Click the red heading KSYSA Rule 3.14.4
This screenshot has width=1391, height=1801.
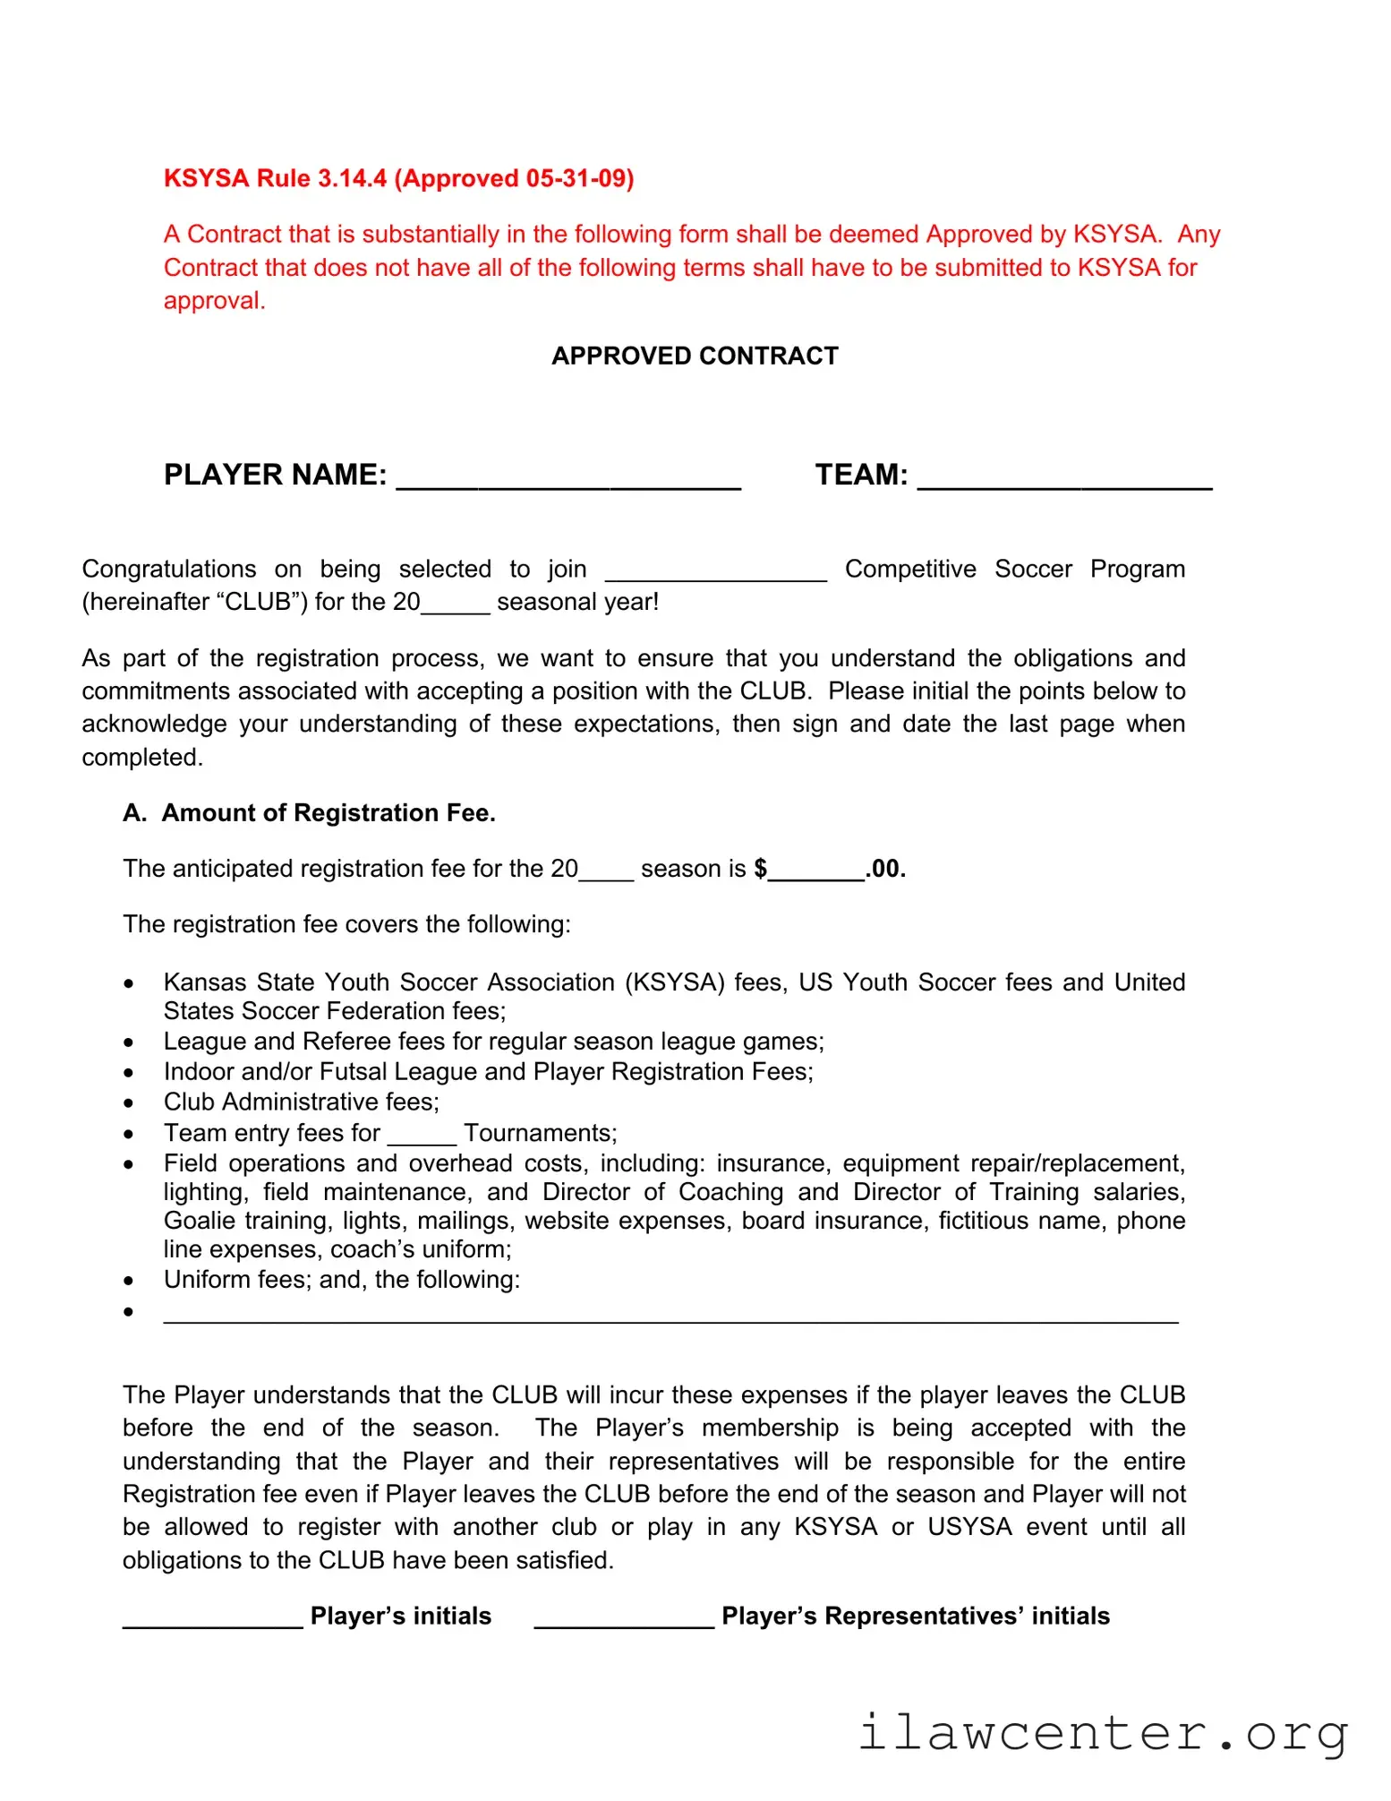[398, 178]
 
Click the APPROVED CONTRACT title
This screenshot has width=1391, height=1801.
[695, 356]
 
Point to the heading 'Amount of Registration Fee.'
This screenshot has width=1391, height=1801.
[328, 812]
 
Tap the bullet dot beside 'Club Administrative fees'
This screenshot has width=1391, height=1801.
[129, 1103]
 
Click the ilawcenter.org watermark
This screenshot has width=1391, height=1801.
[1103, 1733]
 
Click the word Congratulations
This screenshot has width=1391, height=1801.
[169, 569]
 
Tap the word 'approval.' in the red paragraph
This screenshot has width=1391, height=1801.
[214, 300]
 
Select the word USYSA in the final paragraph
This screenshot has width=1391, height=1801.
[969, 1526]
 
